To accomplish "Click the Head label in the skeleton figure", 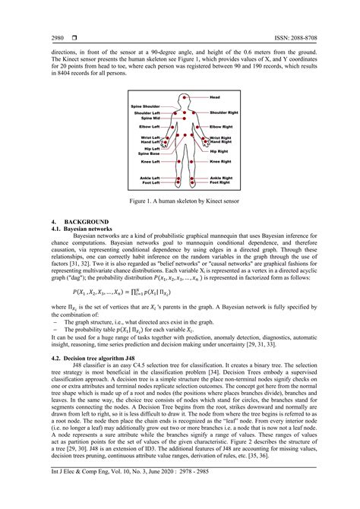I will click(215, 98).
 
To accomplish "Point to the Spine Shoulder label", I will click(146, 106).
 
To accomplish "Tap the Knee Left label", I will click(150, 162).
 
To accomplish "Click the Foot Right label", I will click(220, 183).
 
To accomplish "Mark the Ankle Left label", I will click(149, 178).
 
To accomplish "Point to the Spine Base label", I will click(149, 154).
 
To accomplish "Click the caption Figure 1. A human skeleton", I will click(180, 201).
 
